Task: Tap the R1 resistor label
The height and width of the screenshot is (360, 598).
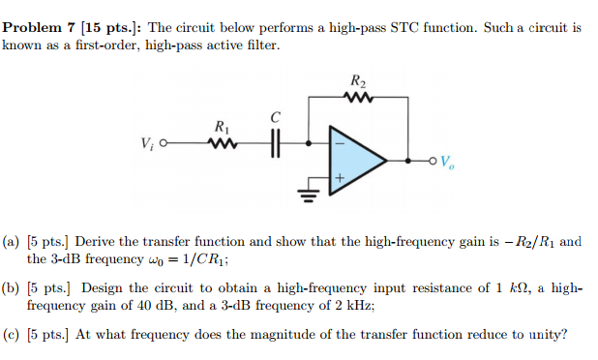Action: click(222, 126)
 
